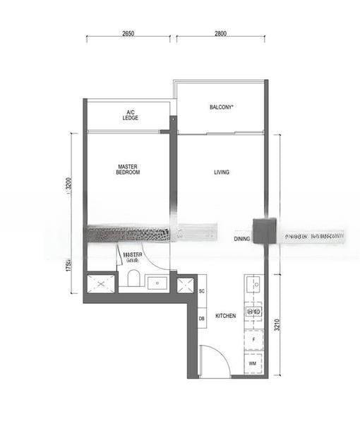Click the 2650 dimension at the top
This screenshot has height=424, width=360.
point(128,33)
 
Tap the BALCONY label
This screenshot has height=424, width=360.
point(221,107)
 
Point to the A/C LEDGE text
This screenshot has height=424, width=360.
point(131,115)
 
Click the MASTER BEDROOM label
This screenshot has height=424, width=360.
point(128,170)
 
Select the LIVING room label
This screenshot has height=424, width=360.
point(222,172)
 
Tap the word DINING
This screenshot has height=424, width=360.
point(242,239)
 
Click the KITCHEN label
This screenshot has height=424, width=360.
point(226,316)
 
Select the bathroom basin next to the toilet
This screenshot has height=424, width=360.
point(156,283)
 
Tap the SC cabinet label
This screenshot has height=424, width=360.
point(201,291)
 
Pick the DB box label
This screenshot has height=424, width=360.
point(201,319)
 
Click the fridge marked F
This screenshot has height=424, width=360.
point(253,340)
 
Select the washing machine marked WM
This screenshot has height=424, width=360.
point(253,363)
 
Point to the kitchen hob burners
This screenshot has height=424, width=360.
point(253,311)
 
